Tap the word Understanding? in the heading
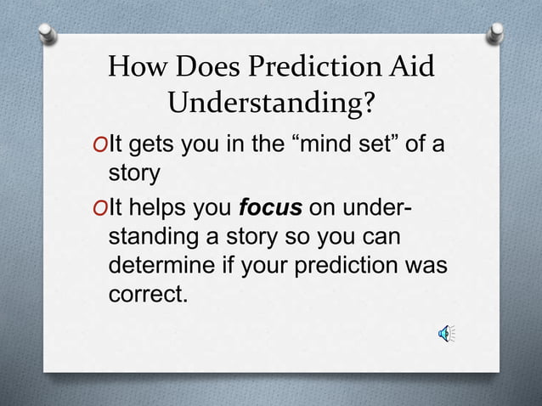point(271,104)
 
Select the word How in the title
point(137,67)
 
